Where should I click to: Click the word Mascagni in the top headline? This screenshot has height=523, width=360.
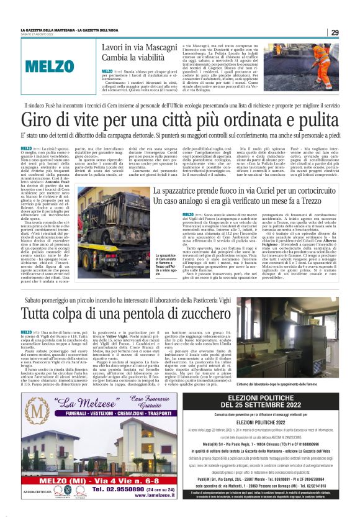tap(160, 47)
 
